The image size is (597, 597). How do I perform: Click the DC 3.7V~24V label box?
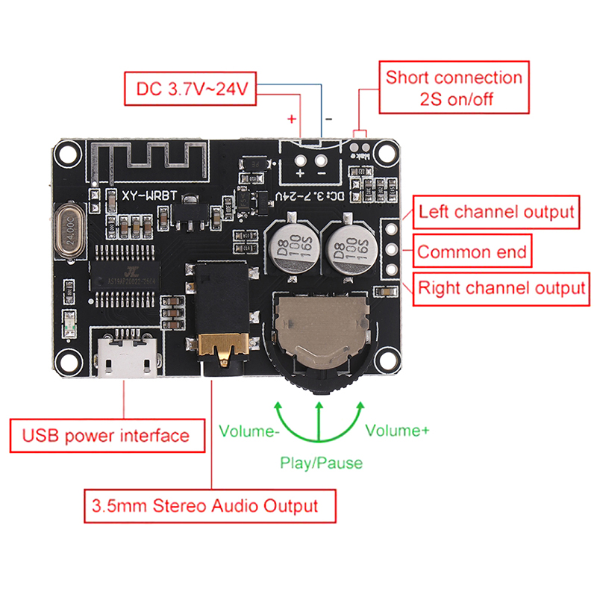pyautogui.click(x=191, y=89)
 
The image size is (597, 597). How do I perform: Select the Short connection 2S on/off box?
pyautogui.click(x=454, y=88)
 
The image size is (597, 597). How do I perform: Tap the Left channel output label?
pyautogui.click(x=496, y=211)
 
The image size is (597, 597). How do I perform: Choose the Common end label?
pyautogui.click(x=472, y=252)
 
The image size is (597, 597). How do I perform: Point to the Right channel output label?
pyautogui.click(x=501, y=288)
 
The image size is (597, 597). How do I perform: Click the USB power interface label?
pyautogui.click(x=107, y=435)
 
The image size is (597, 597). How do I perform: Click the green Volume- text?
pyautogui.click(x=249, y=431)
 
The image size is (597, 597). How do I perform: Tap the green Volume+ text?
pyautogui.click(x=397, y=431)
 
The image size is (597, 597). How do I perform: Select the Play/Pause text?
pyautogui.click(x=321, y=463)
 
